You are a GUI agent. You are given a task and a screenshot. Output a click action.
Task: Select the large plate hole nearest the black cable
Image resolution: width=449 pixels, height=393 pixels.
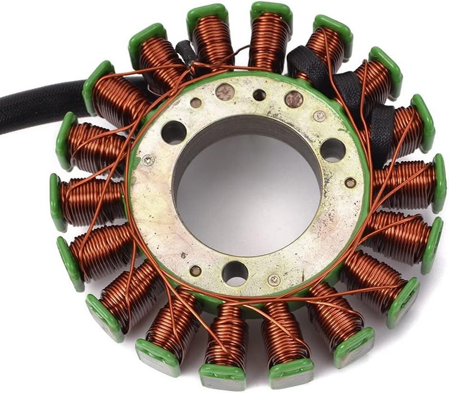[x=173, y=133]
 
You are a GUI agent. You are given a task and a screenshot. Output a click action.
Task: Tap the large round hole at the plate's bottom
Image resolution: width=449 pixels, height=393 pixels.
[x=235, y=273]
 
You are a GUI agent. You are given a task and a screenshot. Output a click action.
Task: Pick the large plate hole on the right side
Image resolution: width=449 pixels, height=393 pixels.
[x=333, y=150]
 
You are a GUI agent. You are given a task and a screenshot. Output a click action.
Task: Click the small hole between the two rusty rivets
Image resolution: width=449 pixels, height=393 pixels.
[x=259, y=95]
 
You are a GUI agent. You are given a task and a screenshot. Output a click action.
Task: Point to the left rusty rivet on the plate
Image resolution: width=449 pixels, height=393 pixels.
[x=226, y=92]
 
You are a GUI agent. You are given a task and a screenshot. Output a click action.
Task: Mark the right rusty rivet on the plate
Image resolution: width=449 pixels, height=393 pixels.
[x=293, y=99]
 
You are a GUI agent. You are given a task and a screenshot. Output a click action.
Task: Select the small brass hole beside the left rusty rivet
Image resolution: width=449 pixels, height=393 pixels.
[x=196, y=103]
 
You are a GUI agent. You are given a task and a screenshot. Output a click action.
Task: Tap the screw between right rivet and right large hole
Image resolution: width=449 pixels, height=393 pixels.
[x=319, y=116]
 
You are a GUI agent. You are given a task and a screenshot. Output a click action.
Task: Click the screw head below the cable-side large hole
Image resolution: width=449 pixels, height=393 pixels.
[x=148, y=161]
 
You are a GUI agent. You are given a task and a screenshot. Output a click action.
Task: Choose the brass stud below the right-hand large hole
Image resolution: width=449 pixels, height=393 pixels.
[x=350, y=182]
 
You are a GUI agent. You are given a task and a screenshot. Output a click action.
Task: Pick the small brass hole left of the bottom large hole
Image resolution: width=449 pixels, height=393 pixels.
[x=195, y=271]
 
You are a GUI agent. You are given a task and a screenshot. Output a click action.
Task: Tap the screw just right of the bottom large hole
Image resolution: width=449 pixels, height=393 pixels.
[x=274, y=279]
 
